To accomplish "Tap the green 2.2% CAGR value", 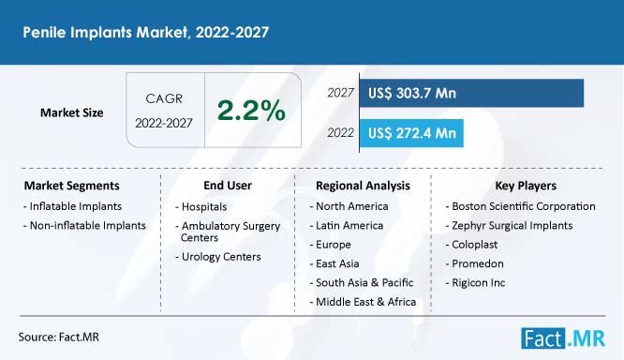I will [x=251, y=111].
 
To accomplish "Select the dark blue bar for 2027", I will [x=468, y=93].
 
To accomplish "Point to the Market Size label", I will [x=72, y=112].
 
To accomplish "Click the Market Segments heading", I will [x=71, y=186].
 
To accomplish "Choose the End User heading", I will [x=227, y=186].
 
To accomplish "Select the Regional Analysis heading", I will [x=363, y=186].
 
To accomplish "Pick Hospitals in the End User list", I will [x=205, y=206].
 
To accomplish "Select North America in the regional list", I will [x=347, y=206].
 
